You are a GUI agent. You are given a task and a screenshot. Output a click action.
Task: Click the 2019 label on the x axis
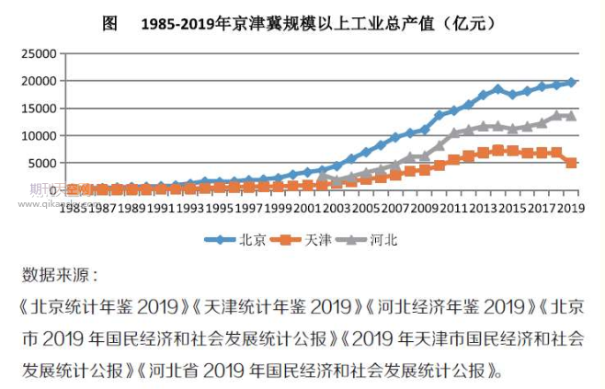click(x=571, y=208)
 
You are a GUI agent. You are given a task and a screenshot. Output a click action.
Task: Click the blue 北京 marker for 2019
click(x=571, y=82)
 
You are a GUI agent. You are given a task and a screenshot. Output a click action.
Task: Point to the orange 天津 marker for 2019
click(x=571, y=163)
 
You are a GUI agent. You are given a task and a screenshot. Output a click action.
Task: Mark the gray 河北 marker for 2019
click(x=571, y=116)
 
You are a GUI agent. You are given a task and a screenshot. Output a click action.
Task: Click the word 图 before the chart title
click(x=110, y=24)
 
